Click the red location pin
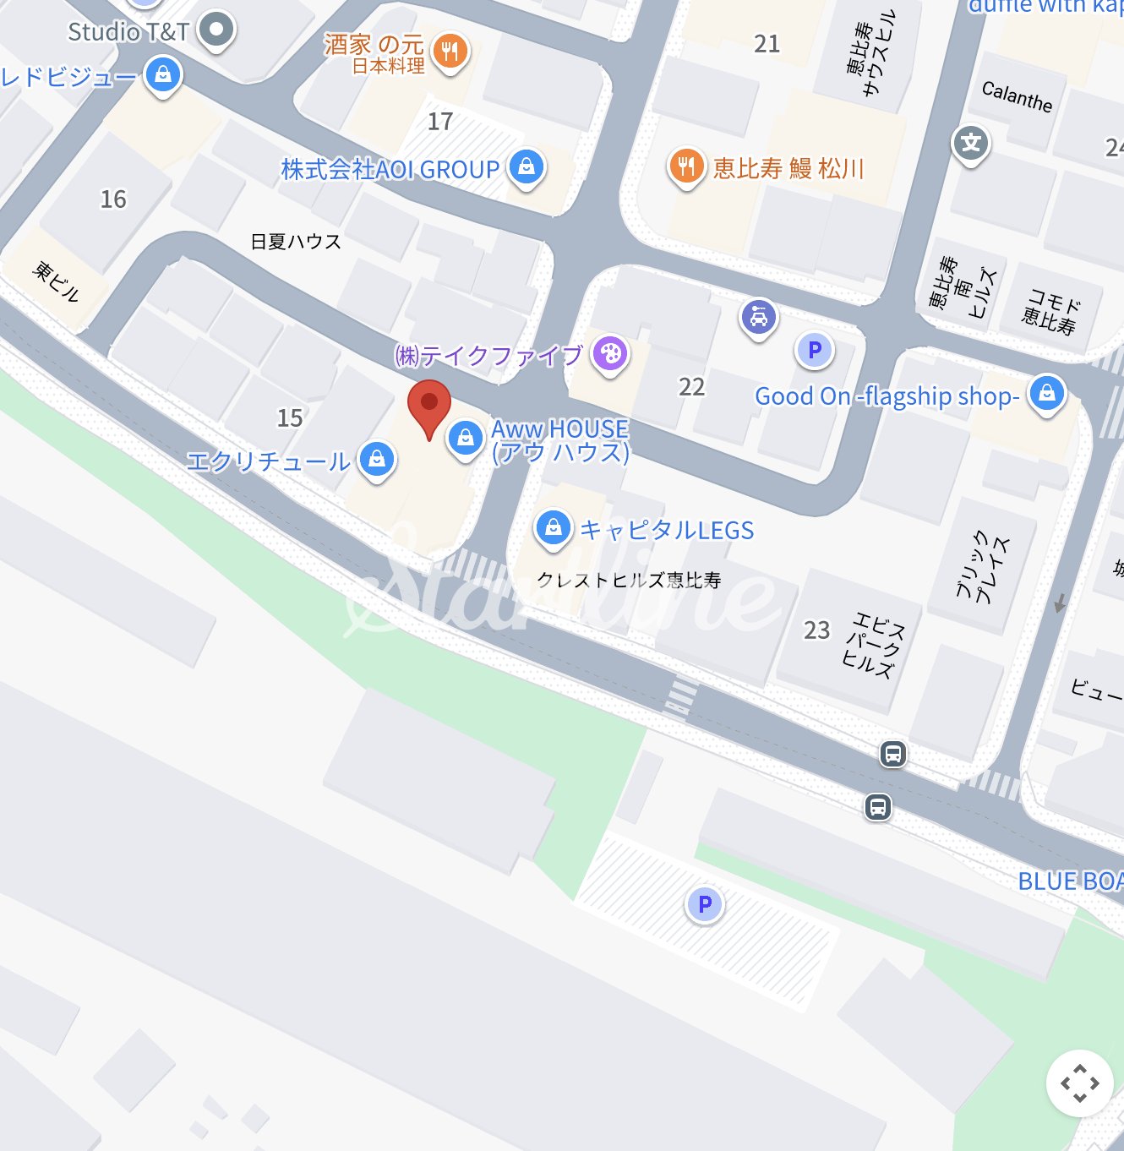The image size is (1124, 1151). [429, 406]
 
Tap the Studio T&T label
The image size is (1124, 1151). [128, 32]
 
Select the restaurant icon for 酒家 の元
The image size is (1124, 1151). [450, 52]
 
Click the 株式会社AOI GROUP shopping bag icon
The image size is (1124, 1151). [527, 167]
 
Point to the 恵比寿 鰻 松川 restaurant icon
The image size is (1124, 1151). [686, 166]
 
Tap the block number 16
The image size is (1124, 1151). [113, 199]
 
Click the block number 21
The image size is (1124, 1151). [767, 44]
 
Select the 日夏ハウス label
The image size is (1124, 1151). [296, 243]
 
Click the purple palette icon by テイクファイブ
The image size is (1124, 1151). [610, 353]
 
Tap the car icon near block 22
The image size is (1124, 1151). [759, 318]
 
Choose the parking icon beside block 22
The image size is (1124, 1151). [815, 350]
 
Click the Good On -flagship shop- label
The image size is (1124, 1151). [887, 396]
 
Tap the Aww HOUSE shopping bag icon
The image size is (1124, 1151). [465, 438]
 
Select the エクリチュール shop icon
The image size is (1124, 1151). [377, 459]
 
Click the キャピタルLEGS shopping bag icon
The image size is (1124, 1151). [554, 528]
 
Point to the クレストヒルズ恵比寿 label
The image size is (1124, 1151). [629, 581]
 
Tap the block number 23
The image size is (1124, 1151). [816, 630]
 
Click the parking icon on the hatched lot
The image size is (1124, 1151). [704, 905]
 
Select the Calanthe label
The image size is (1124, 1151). [1017, 96]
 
